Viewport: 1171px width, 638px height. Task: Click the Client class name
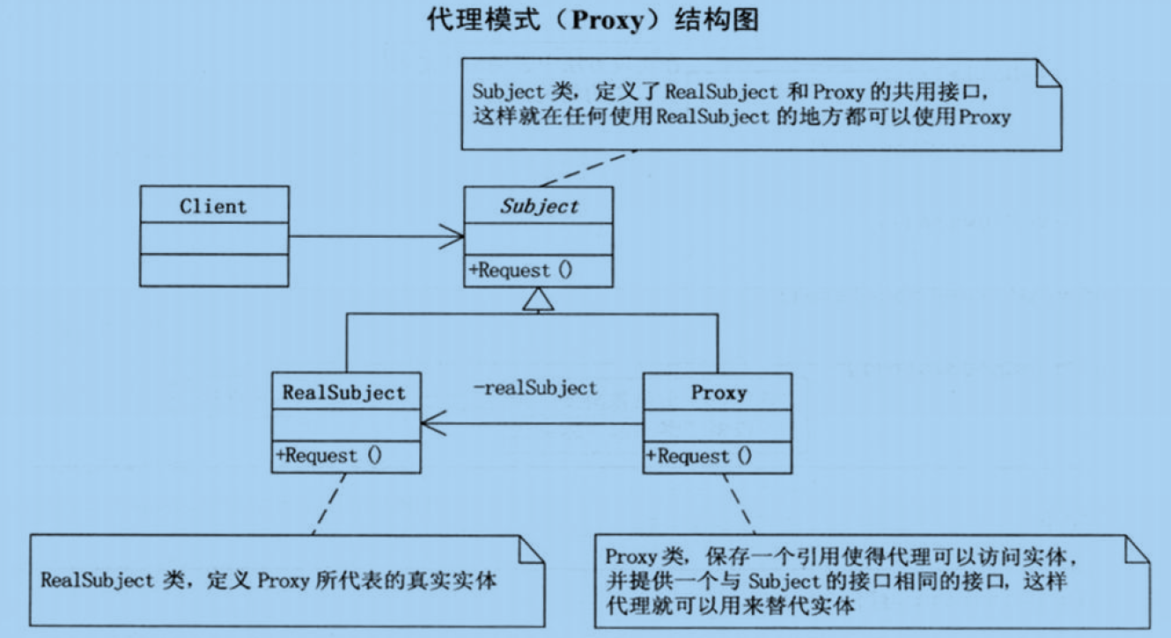[213, 206]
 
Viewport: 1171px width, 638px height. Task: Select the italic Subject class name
[539, 206]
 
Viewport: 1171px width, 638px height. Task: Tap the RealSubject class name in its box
[344, 392]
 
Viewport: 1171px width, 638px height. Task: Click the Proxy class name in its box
[718, 392]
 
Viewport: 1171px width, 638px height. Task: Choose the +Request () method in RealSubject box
[330, 456]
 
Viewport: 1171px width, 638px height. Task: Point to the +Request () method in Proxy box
[701, 456]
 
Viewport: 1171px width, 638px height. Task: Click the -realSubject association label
[535, 387]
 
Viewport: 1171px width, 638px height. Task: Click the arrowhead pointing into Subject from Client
[453, 236]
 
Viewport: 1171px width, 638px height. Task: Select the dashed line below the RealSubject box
[328, 503]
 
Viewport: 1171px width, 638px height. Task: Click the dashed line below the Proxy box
[740, 502]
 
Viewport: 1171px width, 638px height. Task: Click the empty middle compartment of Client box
[213, 238]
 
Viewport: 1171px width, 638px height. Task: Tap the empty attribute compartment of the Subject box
[539, 239]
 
